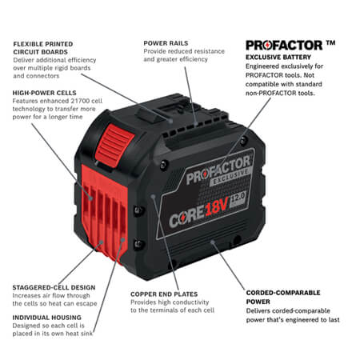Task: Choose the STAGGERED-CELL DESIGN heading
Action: coord(54,286)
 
